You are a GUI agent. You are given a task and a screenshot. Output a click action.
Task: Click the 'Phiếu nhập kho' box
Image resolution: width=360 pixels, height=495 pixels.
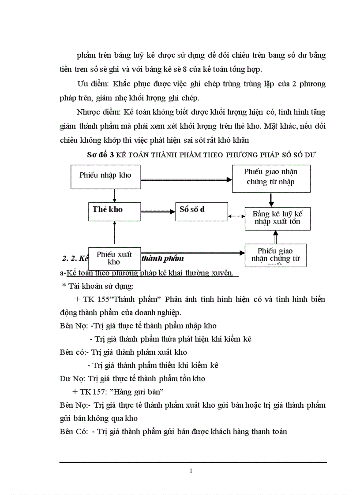point(105,175)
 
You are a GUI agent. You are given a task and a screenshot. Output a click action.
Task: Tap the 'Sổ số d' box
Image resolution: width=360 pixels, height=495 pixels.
point(201,209)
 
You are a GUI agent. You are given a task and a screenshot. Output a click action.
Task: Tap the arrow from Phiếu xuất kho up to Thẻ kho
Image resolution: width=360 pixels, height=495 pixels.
point(114,234)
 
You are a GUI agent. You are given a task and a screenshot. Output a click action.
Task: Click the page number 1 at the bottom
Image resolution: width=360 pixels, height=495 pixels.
point(191,471)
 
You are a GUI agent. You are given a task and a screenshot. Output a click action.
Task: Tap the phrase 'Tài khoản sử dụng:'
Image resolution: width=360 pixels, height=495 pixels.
point(100,287)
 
